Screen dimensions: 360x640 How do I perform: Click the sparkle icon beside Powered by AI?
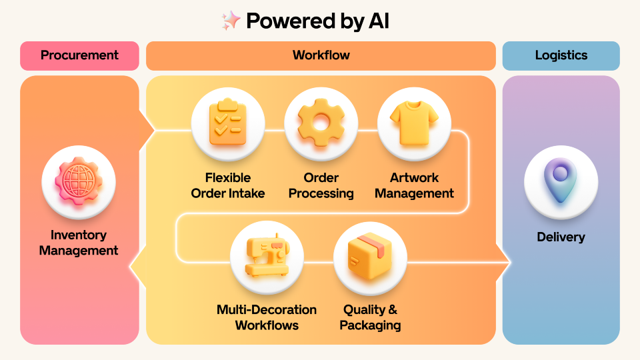[231, 21]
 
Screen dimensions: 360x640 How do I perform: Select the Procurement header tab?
[79, 55]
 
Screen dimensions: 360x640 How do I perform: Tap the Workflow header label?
[321, 55]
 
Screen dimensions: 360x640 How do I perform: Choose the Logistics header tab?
[561, 55]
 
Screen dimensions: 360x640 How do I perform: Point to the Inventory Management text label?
[79, 243]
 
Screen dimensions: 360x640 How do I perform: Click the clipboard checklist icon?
[228, 124]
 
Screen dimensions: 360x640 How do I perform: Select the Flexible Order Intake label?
[228, 185]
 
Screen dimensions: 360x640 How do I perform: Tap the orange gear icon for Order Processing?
[321, 124]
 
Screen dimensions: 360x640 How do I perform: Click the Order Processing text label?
[321, 185]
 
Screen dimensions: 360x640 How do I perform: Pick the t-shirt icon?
[414, 124]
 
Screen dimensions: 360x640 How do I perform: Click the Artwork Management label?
[414, 185]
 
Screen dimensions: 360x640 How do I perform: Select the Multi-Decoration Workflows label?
[267, 317]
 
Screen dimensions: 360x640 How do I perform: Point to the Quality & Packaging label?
[370, 317]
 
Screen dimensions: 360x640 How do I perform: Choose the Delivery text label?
[561, 237]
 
